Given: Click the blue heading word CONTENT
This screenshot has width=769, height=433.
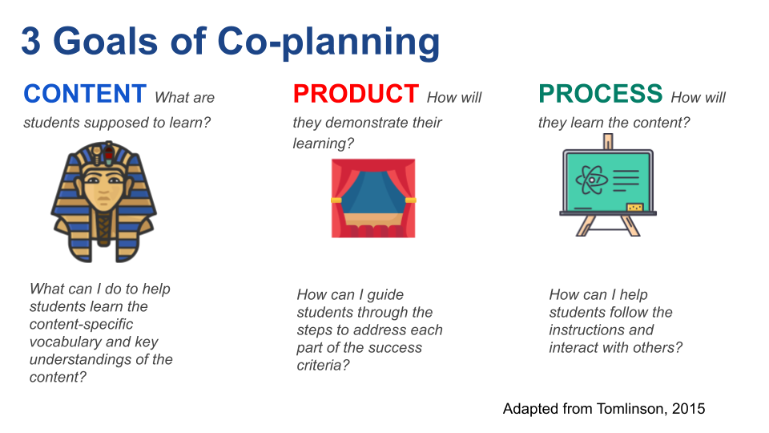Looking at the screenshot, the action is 85,94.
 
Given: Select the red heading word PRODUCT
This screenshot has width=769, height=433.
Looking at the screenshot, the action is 356,94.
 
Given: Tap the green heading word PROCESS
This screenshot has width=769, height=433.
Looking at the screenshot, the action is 601,94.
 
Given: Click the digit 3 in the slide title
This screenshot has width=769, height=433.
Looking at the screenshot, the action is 31,41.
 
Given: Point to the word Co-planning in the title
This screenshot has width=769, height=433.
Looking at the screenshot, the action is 328,43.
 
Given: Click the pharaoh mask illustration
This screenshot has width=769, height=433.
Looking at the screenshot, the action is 103,201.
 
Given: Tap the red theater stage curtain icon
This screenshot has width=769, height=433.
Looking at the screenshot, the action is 374,198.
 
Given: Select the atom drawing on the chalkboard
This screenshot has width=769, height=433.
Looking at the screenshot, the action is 591,180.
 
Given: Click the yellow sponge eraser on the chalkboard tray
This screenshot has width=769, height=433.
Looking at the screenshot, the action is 634,208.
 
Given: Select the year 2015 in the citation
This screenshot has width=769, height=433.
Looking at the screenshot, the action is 689,408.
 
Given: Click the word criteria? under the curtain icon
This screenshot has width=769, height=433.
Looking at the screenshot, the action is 323,366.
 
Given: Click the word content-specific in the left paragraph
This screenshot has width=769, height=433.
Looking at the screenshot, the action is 82,324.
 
